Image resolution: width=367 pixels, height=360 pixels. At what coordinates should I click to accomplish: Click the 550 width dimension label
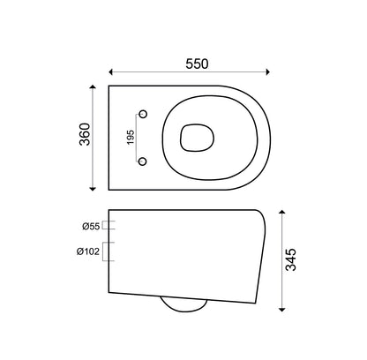[x=197, y=64]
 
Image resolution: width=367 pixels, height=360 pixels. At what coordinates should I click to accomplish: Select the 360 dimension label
[x=86, y=134]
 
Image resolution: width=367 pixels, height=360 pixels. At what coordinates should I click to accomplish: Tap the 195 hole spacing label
[x=131, y=138]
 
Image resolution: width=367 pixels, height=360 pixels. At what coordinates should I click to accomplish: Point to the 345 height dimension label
[x=291, y=259]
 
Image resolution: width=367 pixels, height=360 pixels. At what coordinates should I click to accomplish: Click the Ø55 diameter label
[x=91, y=227]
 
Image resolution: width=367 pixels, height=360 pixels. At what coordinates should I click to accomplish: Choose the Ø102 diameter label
[x=88, y=251]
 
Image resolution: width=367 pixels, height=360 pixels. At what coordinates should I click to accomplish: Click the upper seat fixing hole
[x=143, y=114]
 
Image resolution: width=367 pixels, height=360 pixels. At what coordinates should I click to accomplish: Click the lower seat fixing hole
[x=143, y=161]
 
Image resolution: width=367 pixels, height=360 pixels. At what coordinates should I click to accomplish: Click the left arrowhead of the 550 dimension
[x=111, y=71]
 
